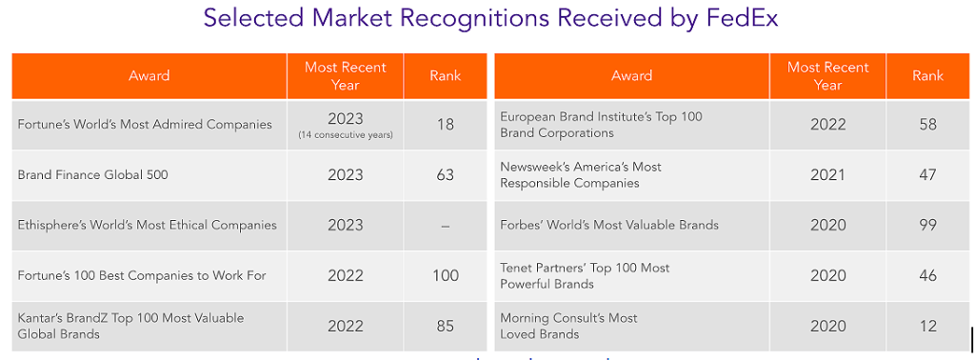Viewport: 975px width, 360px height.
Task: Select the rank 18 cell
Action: point(445,125)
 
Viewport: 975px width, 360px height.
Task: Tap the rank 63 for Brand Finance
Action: point(445,175)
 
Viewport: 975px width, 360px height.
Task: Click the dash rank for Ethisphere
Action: point(445,226)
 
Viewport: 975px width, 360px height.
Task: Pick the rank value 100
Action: point(445,276)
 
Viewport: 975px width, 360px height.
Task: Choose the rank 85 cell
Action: point(445,326)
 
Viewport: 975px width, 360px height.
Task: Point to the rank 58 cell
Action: point(927,125)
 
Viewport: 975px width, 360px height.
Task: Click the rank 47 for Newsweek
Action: point(927,175)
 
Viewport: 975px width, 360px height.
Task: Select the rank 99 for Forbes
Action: point(927,226)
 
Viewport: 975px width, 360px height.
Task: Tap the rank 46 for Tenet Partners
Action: point(927,276)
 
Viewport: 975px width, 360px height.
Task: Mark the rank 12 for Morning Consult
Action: point(927,326)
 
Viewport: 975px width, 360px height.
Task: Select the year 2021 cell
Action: point(827,175)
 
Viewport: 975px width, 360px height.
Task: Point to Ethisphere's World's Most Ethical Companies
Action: point(148,226)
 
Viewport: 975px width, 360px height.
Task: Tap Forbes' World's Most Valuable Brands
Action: point(609,226)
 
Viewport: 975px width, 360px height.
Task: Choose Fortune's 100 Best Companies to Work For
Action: point(142,276)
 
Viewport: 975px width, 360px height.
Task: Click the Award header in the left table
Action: point(149,76)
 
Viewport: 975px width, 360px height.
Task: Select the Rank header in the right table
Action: point(927,76)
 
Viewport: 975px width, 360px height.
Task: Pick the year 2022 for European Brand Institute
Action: point(827,125)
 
